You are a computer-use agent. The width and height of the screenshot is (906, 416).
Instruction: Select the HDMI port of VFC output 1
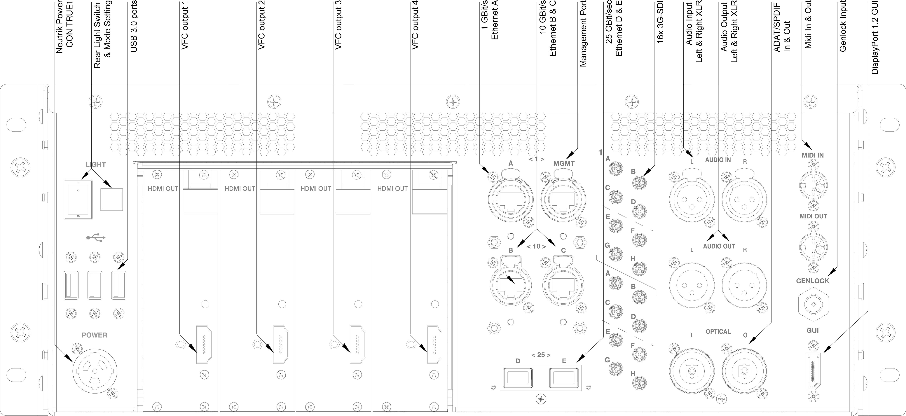tap(203, 345)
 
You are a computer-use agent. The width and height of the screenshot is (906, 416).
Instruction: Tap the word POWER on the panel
tap(94, 335)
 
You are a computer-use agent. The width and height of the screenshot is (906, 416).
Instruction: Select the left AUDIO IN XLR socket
tap(692, 199)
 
